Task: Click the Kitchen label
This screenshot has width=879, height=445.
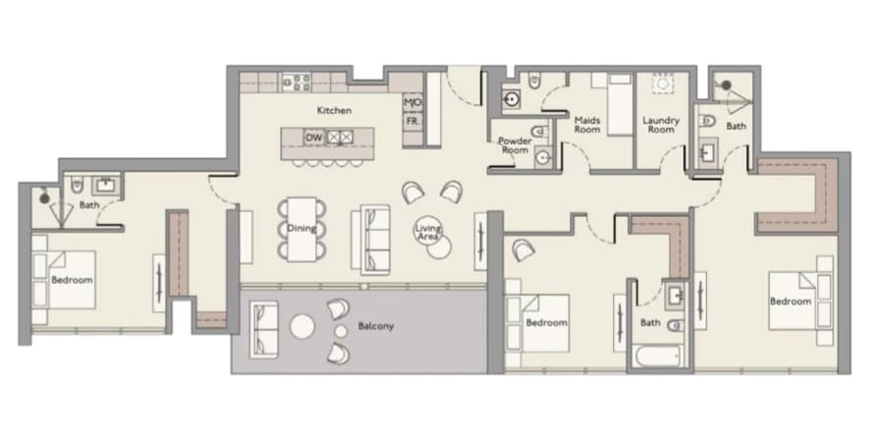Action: tap(334, 110)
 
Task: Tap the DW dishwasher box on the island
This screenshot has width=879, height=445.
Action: tap(313, 138)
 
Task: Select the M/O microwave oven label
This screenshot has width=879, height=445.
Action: tap(412, 102)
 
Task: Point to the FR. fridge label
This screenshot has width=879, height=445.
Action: tap(412, 121)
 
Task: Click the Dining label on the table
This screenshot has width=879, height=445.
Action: tap(302, 228)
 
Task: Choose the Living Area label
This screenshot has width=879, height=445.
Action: tap(428, 233)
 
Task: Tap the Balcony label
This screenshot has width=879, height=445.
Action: tap(375, 326)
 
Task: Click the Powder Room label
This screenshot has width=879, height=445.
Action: tap(515, 145)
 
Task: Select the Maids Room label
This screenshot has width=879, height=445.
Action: tap(587, 125)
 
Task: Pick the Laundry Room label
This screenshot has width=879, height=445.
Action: tap(661, 125)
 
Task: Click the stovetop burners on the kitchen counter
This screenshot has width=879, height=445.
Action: tap(296, 83)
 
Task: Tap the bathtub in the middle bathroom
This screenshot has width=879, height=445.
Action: tap(656, 356)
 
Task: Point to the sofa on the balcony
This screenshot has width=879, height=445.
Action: tap(263, 329)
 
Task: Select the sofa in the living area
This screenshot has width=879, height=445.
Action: tap(370, 240)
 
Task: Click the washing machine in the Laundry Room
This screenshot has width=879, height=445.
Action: tap(663, 83)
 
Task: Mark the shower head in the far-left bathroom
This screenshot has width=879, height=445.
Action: tap(44, 197)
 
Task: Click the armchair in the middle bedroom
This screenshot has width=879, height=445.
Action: tap(523, 250)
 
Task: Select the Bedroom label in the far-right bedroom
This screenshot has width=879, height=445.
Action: tap(791, 301)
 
